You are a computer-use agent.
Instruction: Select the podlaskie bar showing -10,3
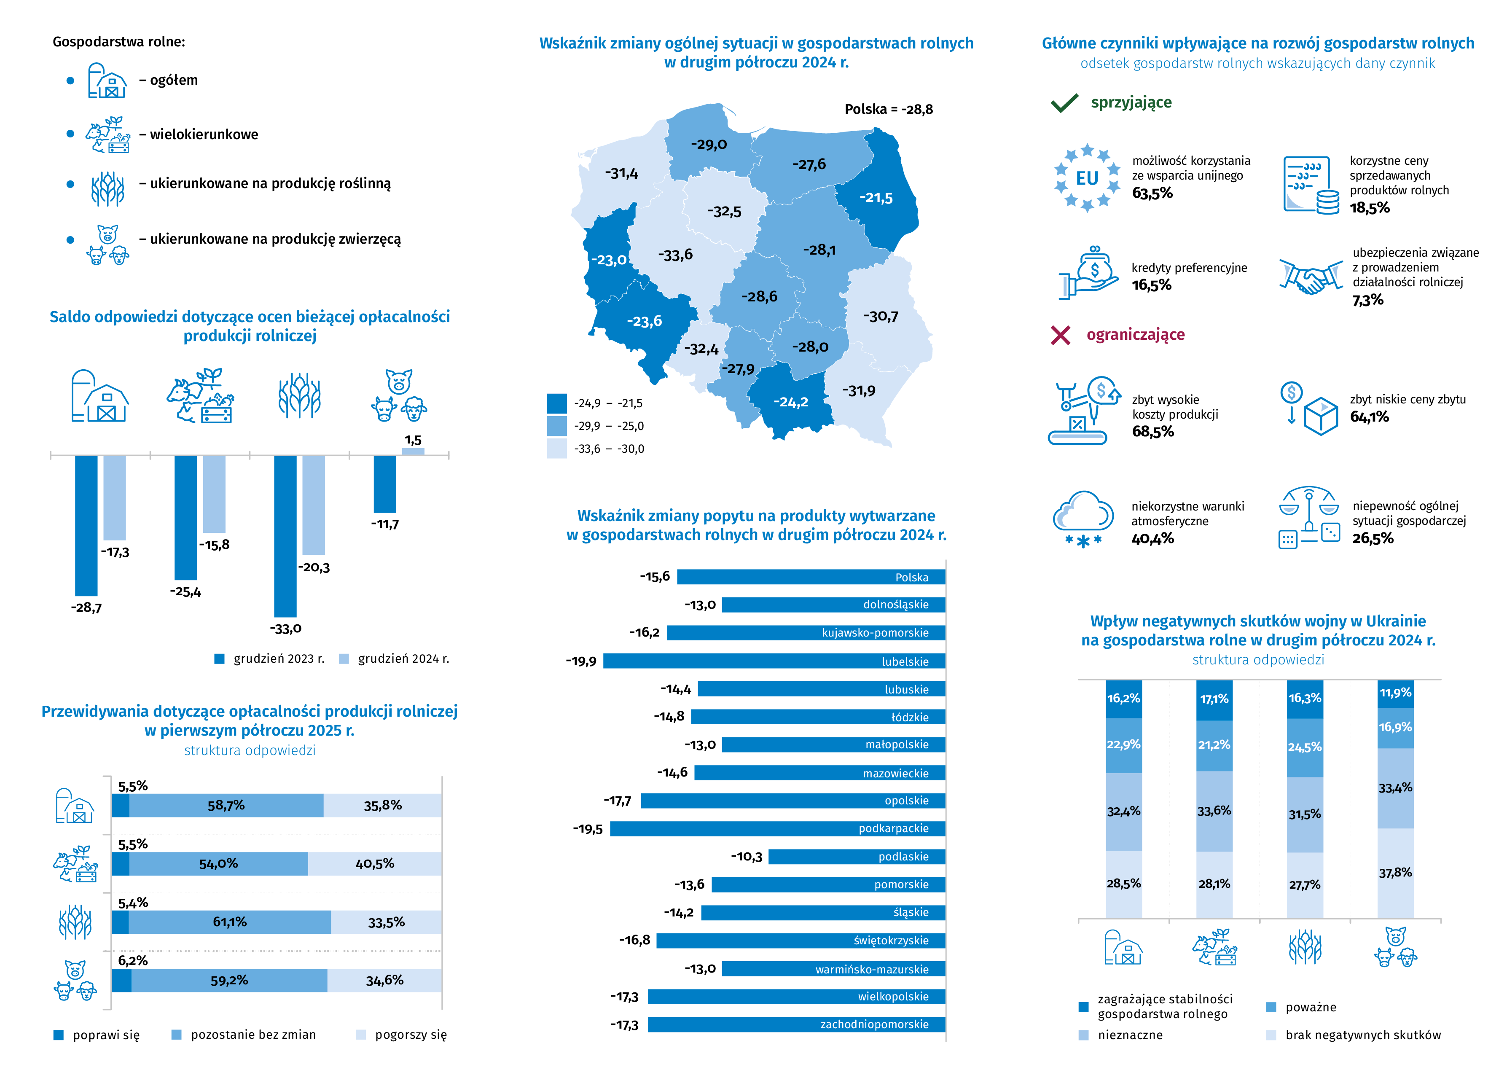tap(857, 857)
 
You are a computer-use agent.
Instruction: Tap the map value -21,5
tap(876, 198)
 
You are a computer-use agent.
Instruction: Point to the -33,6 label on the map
tap(675, 255)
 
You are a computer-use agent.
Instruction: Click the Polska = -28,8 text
tap(888, 109)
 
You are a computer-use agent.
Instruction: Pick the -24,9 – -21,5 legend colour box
tap(556, 403)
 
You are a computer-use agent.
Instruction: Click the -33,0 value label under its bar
tap(286, 628)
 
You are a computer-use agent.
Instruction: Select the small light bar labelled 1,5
tap(413, 451)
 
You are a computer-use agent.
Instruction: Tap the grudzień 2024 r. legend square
tap(344, 658)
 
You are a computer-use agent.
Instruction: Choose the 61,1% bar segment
tap(230, 922)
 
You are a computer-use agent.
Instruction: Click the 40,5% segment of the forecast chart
tap(375, 864)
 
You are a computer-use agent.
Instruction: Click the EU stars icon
tap(1087, 178)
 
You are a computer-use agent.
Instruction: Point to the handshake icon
tap(1311, 277)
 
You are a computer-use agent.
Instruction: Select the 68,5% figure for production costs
tap(1153, 432)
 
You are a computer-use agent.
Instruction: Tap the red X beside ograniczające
tap(1060, 335)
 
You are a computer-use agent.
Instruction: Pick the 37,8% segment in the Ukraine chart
tap(1395, 873)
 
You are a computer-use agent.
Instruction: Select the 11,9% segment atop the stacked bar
tap(1395, 693)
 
